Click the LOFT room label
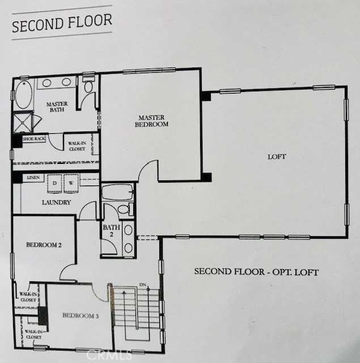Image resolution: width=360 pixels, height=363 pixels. [x=277, y=157]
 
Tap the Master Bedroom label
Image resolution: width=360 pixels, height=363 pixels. [x=151, y=121]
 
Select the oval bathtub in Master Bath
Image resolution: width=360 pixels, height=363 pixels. [x=24, y=95]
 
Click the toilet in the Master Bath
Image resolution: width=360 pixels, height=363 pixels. [x=88, y=85]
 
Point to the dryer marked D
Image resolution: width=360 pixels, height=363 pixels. [x=54, y=184]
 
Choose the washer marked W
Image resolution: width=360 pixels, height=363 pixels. [x=71, y=183]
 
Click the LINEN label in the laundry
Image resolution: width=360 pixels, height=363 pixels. [x=33, y=178]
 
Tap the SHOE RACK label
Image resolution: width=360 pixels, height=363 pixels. [x=34, y=139]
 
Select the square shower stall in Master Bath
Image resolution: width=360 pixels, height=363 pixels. [x=23, y=123]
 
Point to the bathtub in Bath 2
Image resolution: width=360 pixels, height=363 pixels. [x=118, y=192]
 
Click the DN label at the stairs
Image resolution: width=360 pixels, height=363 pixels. [x=143, y=285]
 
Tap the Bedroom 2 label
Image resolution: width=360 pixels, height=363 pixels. [x=44, y=245]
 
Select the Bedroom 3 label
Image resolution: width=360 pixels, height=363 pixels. [x=81, y=315]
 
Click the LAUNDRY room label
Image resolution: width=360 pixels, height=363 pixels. [x=56, y=202]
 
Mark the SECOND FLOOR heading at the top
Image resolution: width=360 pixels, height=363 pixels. [x=62, y=23]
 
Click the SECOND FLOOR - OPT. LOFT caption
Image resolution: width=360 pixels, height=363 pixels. [x=256, y=272]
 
